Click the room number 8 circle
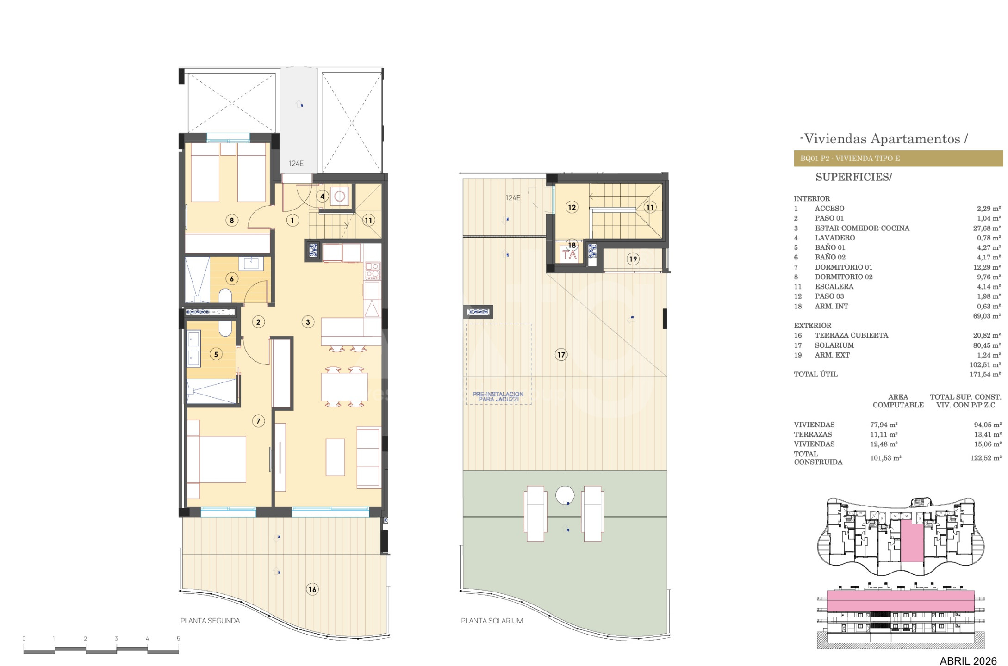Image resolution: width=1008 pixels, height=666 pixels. pyautogui.click(x=232, y=220)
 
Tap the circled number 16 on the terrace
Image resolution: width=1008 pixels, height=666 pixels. pyautogui.click(x=312, y=589)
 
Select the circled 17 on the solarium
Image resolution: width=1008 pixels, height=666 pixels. pyautogui.click(x=561, y=355)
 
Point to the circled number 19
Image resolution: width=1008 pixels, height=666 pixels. pyautogui.click(x=633, y=259)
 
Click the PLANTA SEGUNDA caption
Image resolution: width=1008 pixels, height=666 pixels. pyautogui.click(x=210, y=621)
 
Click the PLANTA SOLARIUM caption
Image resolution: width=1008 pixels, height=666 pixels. pyautogui.click(x=492, y=621)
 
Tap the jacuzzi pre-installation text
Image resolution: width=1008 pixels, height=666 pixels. pyautogui.click(x=498, y=397)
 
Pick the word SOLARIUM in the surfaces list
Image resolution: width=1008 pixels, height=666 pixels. pyautogui.click(x=834, y=345)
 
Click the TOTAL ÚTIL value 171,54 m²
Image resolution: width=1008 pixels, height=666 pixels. pyautogui.click(x=985, y=375)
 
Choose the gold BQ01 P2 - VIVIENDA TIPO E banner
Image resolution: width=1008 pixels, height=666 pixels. pyautogui.click(x=898, y=159)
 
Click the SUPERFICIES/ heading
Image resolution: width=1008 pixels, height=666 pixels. pyautogui.click(x=853, y=177)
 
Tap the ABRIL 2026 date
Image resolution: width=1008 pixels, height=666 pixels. pyautogui.click(x=968, y=661)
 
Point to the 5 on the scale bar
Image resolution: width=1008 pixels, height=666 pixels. pyautogui.click(x=178, y=639)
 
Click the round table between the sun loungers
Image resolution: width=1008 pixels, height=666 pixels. pyautogui.click(x=565, y=495)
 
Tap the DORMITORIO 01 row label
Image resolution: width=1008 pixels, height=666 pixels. pyautogui.click(x=844, y=267)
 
